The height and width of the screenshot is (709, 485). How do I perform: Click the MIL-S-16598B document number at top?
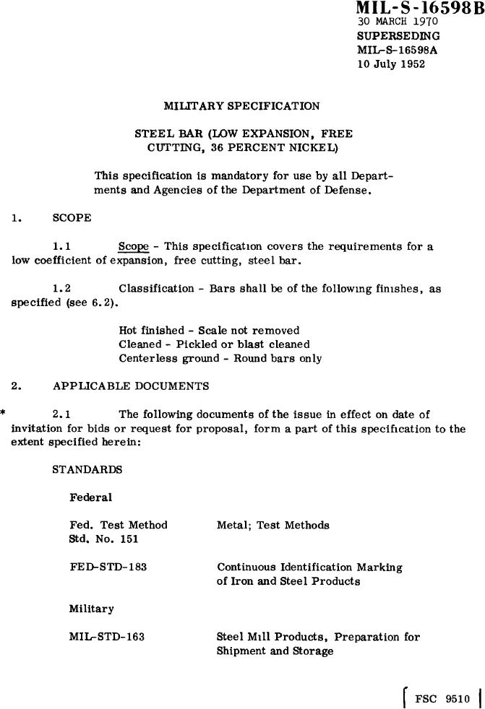click(419, 9)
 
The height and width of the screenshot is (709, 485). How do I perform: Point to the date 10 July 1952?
click(391, 64)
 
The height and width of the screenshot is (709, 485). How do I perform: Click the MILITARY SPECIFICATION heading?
click(241, 106)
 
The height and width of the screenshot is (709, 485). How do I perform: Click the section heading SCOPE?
click(72, 216)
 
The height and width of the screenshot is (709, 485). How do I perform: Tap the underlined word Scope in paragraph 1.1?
click(133, 247)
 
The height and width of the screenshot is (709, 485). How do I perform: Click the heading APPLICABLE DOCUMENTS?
click(131, 386)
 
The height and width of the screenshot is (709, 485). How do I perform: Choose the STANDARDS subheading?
click(87, 470)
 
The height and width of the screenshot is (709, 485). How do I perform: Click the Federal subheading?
click(90, 497)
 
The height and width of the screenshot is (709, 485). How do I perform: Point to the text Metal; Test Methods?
click(272, 526)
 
